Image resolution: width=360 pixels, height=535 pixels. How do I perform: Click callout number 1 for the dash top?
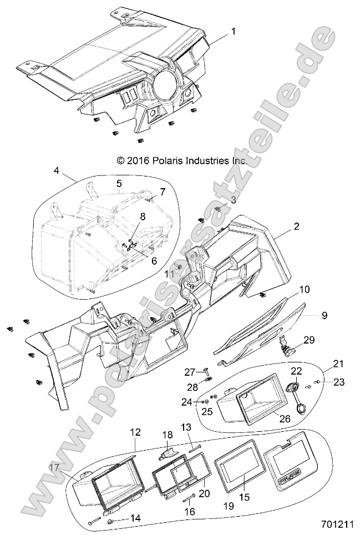tap(233, 32)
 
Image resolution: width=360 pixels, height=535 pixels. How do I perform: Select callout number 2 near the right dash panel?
tap(297, 226)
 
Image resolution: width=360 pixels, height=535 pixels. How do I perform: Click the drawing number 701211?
tap(336, 523)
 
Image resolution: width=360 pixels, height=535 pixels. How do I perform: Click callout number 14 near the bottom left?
tap(135, 518)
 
